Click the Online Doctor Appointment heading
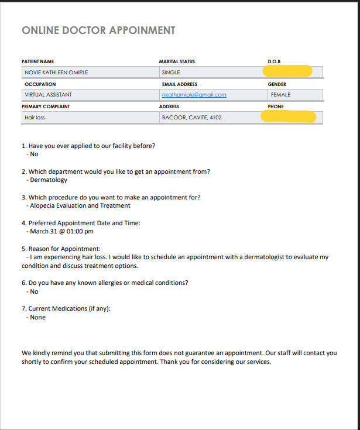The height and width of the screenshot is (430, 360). click(98, 30)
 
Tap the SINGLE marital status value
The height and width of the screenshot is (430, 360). click(171, 73)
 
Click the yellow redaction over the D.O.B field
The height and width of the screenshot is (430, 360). click(287, 71)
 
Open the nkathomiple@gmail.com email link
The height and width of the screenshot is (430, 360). click(194, 95)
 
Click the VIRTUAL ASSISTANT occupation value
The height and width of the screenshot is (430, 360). click(48, 95)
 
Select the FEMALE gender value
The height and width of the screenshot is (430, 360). click(280, 95)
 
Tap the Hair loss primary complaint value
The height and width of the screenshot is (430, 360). click(35, 118)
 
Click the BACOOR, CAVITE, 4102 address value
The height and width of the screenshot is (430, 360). click(191, 118)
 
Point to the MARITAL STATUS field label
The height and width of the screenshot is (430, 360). click(177, 61)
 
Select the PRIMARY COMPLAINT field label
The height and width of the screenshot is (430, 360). click(46, 106)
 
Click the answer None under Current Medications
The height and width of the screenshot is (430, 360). click(37, 318)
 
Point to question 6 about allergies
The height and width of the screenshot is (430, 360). click(105, 283)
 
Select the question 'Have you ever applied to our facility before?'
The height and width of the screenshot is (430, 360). click(88, 146)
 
